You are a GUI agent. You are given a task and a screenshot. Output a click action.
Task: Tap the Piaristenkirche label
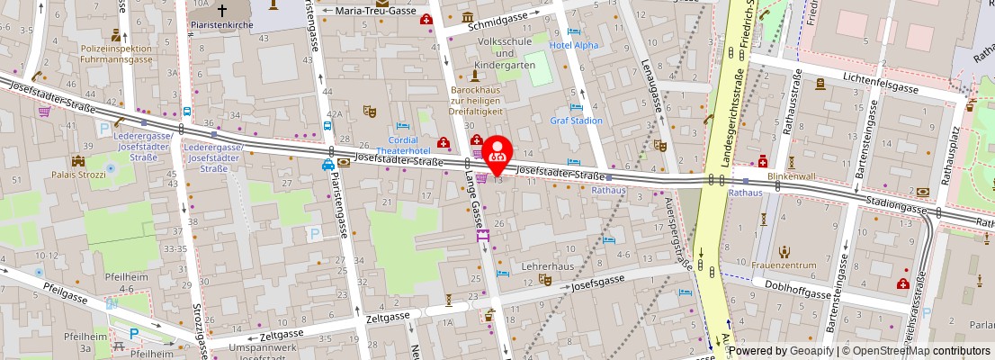tap(221, 26)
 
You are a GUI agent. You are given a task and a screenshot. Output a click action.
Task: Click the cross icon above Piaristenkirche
tap(221, 10)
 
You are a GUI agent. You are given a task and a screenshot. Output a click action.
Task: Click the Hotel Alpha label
tap(574, 46)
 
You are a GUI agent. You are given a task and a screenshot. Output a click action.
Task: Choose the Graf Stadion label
tap(576, 120)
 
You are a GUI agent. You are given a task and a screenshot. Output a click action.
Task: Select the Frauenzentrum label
tap(784, 265)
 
